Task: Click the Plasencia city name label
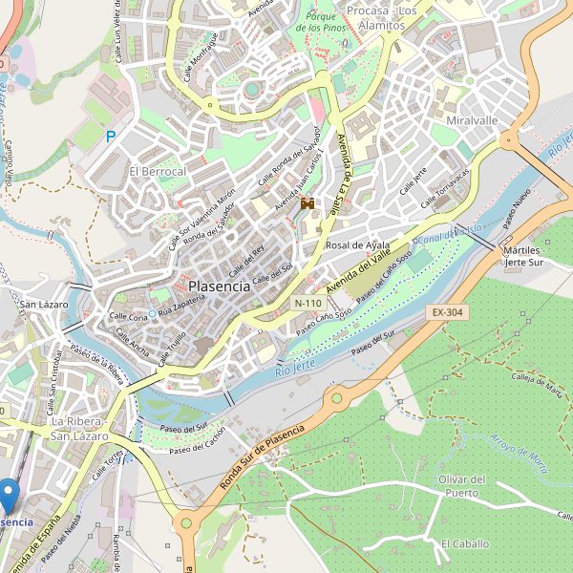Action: pos(220,286)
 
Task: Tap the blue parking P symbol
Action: pos(111,138)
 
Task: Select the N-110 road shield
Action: pos(308,303)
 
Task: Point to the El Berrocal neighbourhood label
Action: pos(158,171)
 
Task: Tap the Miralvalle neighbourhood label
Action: pos(472,121)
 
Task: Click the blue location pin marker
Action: pos(9,495)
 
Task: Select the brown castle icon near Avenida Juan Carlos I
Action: pos(308,203)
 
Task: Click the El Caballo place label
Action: pos(464,543)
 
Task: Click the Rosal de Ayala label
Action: pos(358,245)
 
